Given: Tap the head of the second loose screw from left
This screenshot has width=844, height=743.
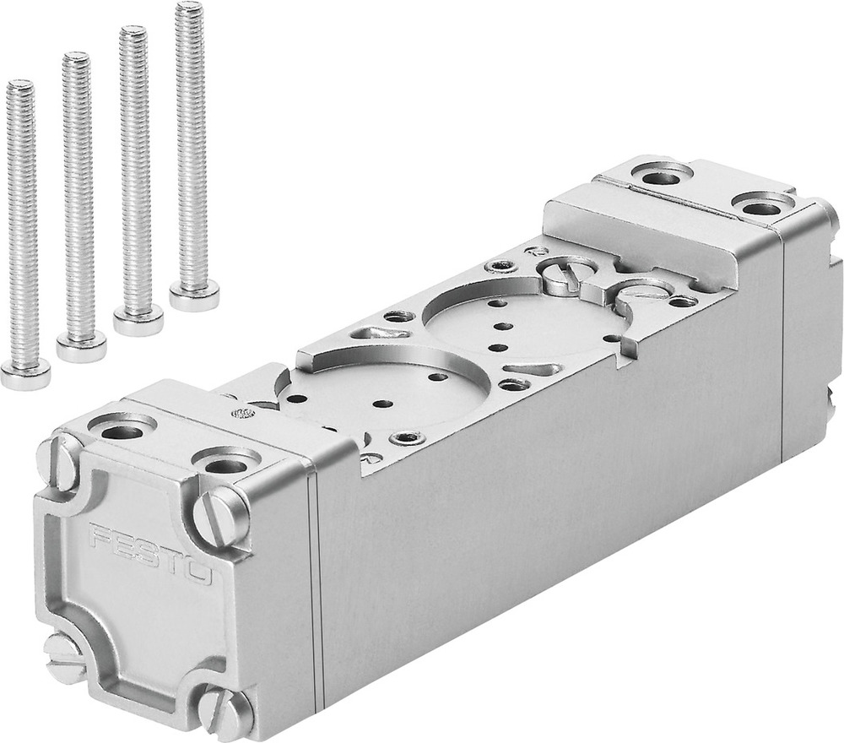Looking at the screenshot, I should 81,345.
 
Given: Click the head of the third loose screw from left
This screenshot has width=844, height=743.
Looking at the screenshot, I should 138,320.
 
